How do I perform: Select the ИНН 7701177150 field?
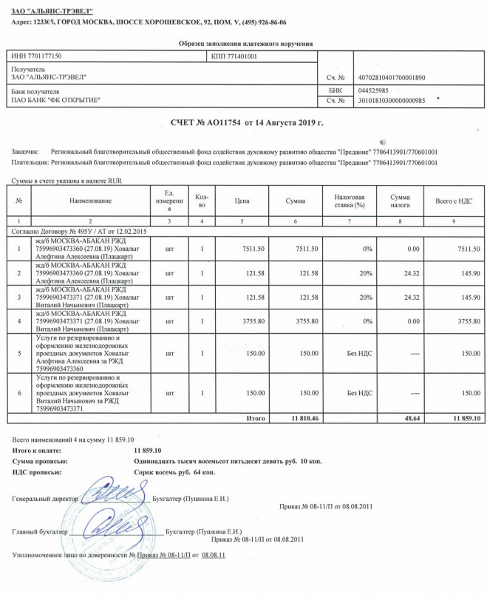pos(37,56)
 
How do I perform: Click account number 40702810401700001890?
pos(392,77)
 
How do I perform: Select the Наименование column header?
pos(90,201)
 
